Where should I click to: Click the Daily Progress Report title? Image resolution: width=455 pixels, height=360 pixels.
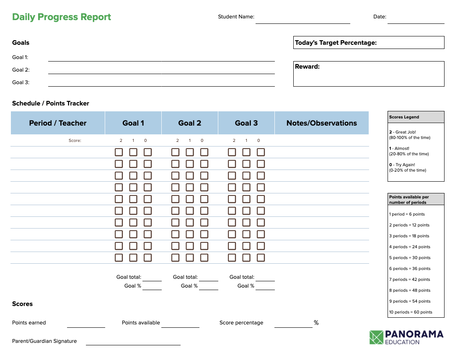click(x=62, y=17)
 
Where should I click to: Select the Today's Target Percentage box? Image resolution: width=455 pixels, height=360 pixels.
click(x=369, y=43)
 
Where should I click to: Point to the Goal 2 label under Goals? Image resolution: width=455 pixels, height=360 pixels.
click(x=21, y=70)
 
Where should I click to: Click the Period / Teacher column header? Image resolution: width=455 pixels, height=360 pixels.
click(x=58, y=123)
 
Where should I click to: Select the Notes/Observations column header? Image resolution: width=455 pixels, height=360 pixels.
click(x=322, y=123)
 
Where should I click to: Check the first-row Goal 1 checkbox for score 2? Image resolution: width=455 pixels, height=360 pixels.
click(x=119, y=152)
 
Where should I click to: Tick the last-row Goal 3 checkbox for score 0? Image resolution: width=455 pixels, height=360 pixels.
click(x=261, y=258)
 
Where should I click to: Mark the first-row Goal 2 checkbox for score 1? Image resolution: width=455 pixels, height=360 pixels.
click(x=190, y=152)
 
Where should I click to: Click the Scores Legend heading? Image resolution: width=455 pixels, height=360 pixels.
click(x=404, y=117)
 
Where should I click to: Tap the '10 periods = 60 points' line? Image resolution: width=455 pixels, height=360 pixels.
click(x=411, y=312)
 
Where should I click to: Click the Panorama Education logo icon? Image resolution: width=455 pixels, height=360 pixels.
click(x=377, y=337)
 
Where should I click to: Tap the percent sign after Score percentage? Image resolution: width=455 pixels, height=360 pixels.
click(x=316, y=323)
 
